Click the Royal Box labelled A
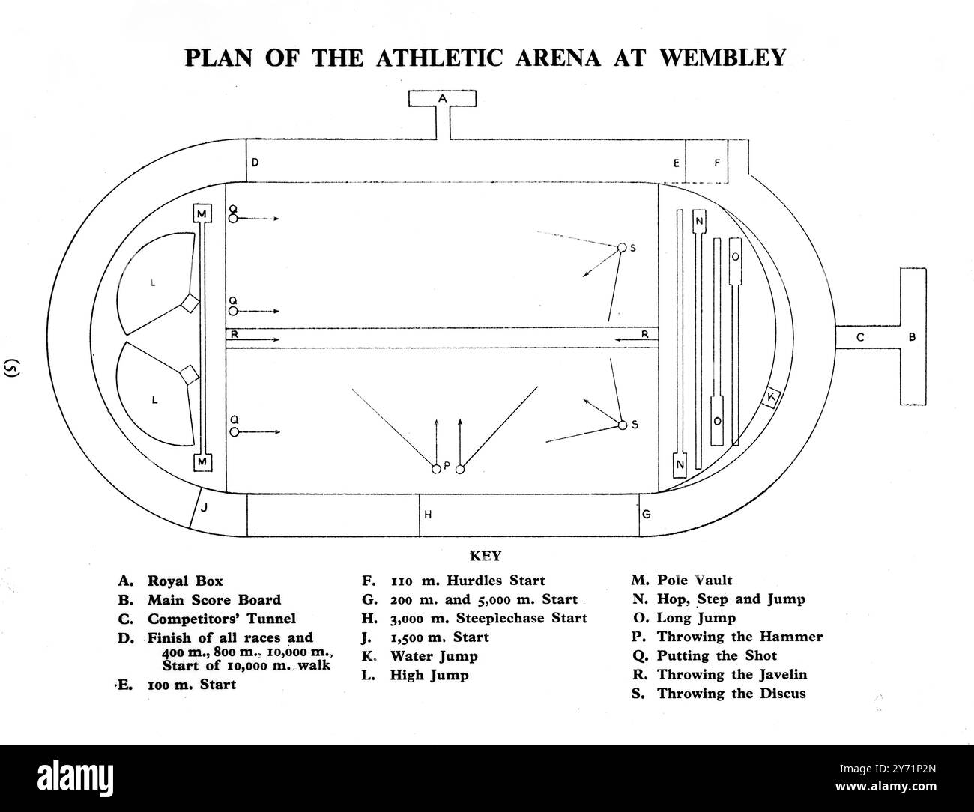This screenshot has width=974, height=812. (441, 98)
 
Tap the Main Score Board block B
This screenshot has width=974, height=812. (912, 337)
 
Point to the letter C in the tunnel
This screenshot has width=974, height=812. (860, 338)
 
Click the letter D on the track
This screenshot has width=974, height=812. (255, 162)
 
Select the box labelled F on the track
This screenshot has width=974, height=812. (716, 161)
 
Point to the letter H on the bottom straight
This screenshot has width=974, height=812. (429, 515)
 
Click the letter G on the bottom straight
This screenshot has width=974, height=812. (646, 515)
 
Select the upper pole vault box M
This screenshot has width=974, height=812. (202, 213)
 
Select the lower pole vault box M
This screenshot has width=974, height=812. (202, 462)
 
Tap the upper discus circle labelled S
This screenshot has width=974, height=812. (621, 248)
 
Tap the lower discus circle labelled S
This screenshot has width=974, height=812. (622, 425)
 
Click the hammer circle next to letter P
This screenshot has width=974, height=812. (435, 470)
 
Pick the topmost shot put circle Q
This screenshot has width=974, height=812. (233, 219)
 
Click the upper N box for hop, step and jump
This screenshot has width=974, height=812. (699, 222)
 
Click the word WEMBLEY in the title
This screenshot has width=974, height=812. (722, 57)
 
